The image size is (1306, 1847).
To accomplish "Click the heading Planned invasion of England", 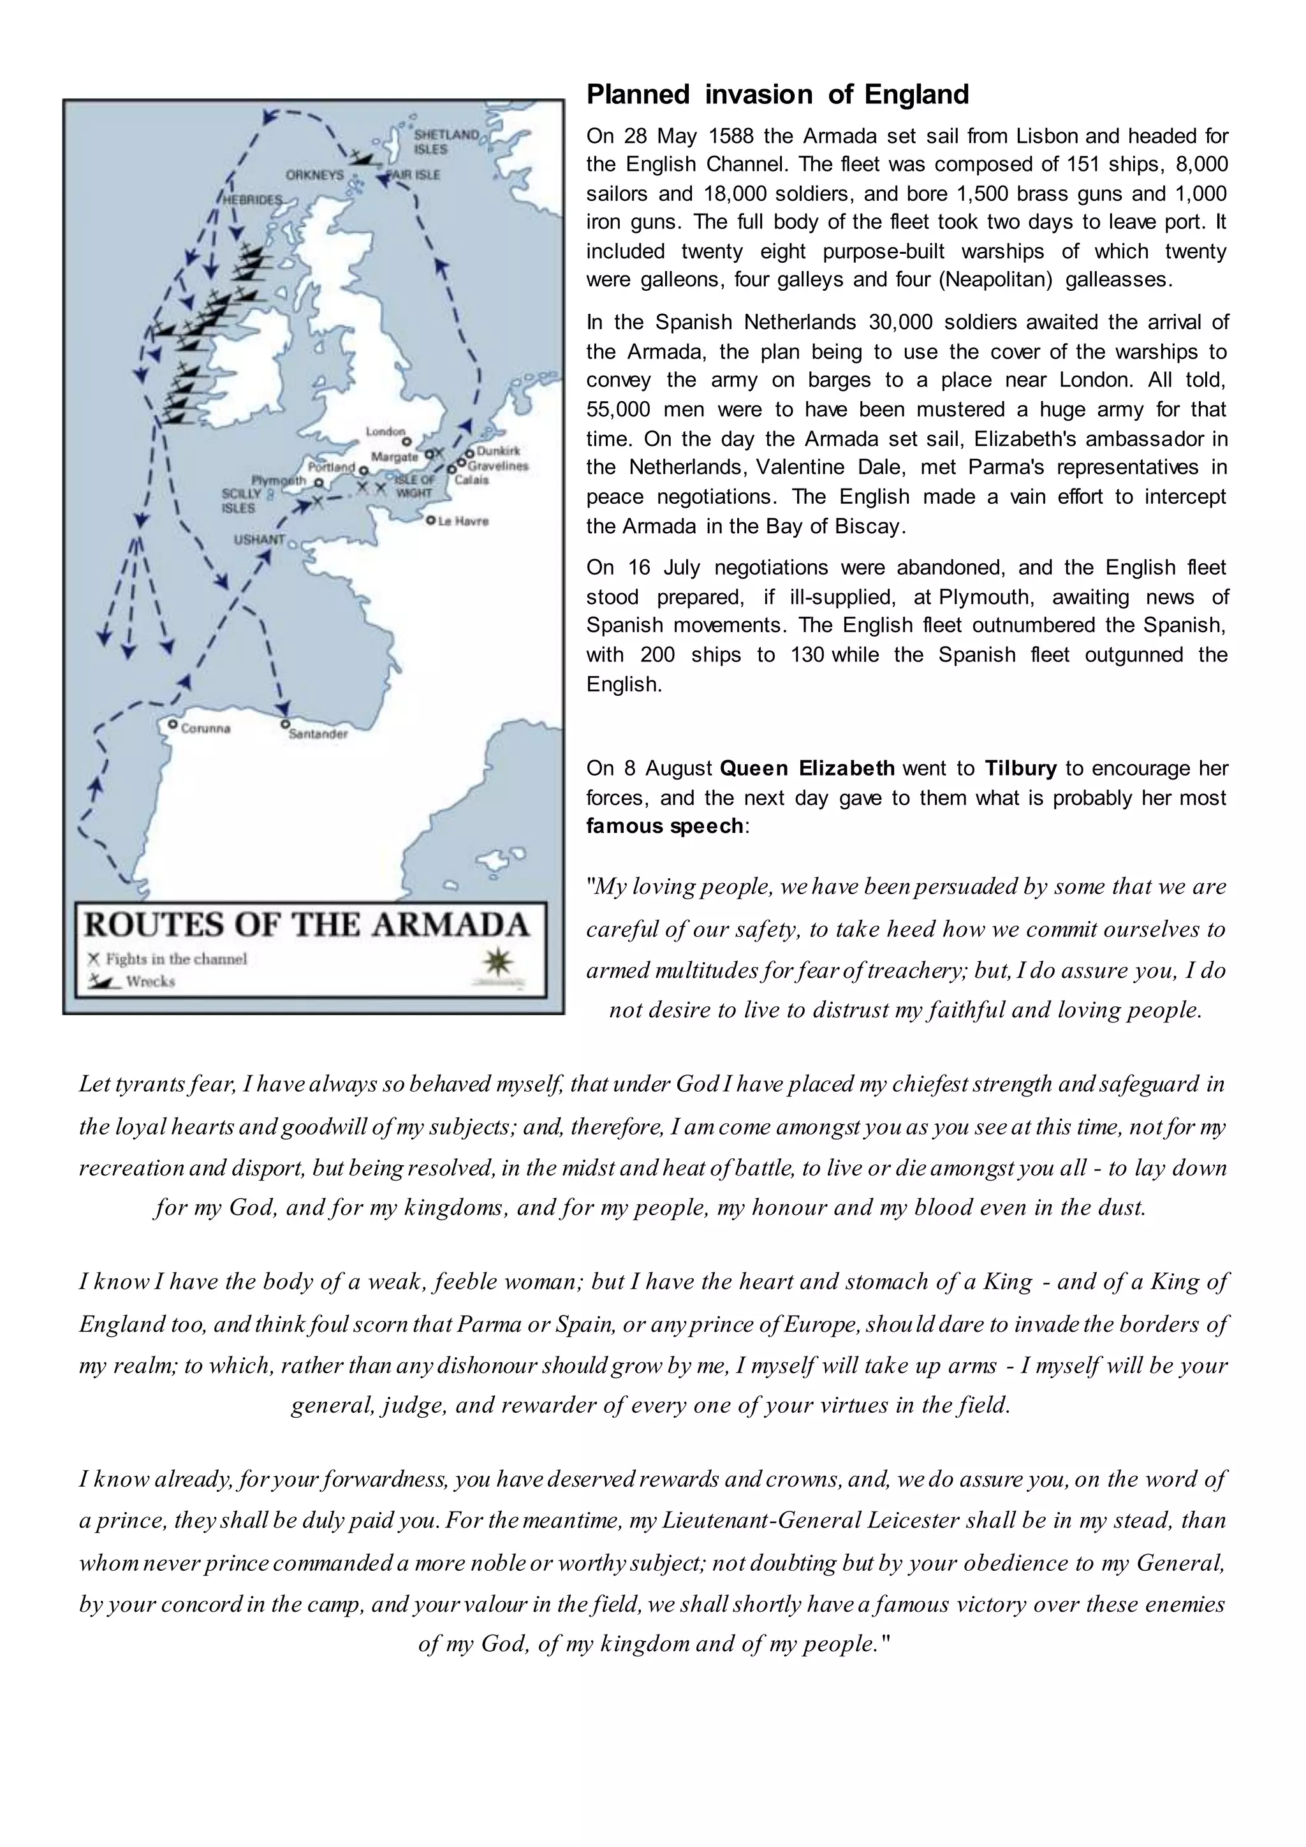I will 777,95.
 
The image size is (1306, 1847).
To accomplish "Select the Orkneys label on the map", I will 314,175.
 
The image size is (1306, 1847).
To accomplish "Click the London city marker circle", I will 407,441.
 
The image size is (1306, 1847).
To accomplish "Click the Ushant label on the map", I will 259,540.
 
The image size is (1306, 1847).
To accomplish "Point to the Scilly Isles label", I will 241,501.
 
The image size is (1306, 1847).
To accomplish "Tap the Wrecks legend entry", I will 150,982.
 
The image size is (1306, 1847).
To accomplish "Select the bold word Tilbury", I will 1020,769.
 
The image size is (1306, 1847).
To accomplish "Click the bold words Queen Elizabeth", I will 807,769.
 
